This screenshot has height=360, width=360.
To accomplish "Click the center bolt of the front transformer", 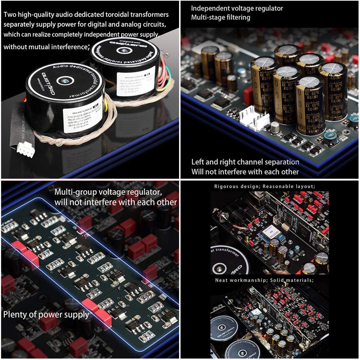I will coord(64,81).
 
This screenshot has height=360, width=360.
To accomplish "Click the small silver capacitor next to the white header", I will coord(275,127).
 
